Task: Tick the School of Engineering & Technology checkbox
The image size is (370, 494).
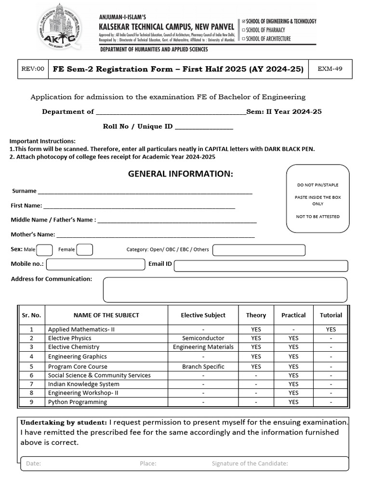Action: click(244, 21)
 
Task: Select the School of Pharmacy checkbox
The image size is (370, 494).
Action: click(244, 30)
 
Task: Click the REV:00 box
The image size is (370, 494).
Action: click(33, 69)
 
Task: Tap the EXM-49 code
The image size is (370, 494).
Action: click(330, 69)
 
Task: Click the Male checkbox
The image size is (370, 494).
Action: click(44, 249)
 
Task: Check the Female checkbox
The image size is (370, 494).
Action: click(85, 249)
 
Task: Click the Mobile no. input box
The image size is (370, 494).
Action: click(95, 264)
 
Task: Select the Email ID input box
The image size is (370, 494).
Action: click(261, 266)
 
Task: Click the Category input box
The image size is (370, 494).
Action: click(259, 250)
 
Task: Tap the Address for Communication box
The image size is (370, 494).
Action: click(225, 290)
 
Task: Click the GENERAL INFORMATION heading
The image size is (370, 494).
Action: click(180, 174)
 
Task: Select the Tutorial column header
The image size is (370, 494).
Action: click(330, 315)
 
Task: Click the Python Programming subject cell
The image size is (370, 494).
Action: click(78, 402)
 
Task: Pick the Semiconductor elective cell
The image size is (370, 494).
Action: click(203, 338)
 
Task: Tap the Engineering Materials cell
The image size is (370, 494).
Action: click(203, 347)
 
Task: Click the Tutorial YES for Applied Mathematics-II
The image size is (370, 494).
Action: click(330, 329)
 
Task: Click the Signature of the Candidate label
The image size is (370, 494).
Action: click(250, 464)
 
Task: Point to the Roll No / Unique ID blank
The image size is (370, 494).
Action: click(204, 127)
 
